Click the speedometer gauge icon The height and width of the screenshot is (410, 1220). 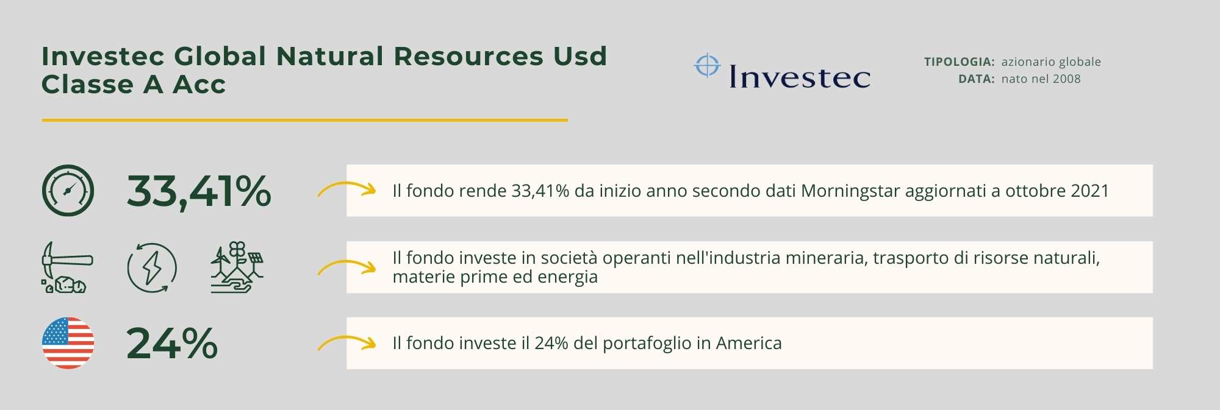pyautogui.click(x=68, y=191)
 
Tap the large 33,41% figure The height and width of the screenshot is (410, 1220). pyautogui.click(x=199, y=191)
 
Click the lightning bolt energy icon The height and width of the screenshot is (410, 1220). pyautogui.click(x=152, y=268)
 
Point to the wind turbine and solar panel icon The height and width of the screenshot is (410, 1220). pyautogui.click(x=237, y=267)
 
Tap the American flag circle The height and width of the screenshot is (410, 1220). pyautogui.click(x=68, y=343)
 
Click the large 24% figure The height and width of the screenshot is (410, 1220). pyautogui.click(x=172, y=344)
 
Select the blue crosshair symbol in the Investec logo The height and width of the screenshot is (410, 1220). pyautogui.click(x=708, y=66)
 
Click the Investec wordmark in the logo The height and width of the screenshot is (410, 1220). pyautogui.click(x=800, y=77)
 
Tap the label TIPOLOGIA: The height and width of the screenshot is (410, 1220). pyautogui.click(x=960, y=62)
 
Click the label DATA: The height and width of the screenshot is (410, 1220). pyautogui.click(x=977, y=79)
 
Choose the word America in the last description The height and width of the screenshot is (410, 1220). pyautogui.click(x=748, y=343)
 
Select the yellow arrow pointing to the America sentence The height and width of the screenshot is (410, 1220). pyautogui.click(x=347, y=338)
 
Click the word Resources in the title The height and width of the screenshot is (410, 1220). pyautogui.click(x=468, y=56)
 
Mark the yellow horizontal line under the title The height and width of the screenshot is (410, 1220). pyautogui.click(x=305, y=120)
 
